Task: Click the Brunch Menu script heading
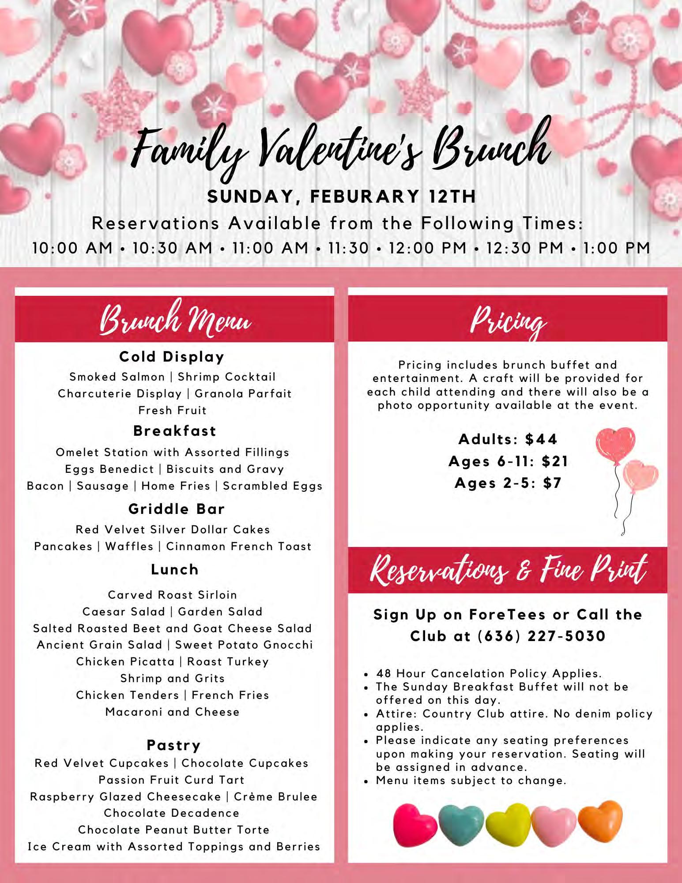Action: pos(175,319)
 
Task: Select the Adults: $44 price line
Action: pos(508,439)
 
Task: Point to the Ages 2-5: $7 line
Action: pos(508,483)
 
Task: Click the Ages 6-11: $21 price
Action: pos(508,461)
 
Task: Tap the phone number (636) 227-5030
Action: pos(541,636)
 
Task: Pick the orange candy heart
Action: pos(600,820)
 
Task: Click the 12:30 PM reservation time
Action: pos(525,248)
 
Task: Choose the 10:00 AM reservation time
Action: pos(72,248)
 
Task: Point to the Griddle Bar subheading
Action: pos(176,509)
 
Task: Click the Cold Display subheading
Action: pos(172,357)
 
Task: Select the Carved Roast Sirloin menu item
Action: pos(172,595)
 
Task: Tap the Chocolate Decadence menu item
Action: pos(172,813)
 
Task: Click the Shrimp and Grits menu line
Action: pos(172,678)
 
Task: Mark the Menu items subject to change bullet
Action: pos(471,781)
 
